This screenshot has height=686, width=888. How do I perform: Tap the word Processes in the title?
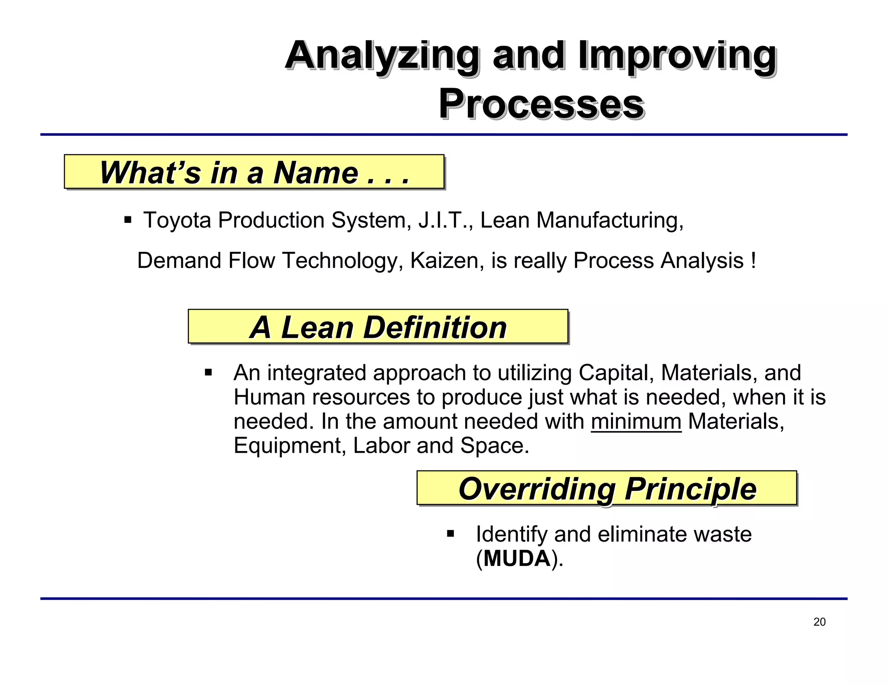(541, 104)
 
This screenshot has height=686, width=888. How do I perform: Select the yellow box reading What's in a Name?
(254, 172)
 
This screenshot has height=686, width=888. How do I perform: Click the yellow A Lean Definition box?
(378, 327)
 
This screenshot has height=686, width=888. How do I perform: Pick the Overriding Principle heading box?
(607, 488)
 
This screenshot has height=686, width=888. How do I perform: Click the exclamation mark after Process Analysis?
(754, 261)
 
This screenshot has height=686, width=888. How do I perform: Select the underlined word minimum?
(636, 421)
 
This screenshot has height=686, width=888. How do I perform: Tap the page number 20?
(819, 622)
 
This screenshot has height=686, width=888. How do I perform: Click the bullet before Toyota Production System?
(127, 220)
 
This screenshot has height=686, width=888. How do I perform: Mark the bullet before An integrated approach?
(209, 372)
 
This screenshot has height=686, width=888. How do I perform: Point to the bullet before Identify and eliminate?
(451, 533)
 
